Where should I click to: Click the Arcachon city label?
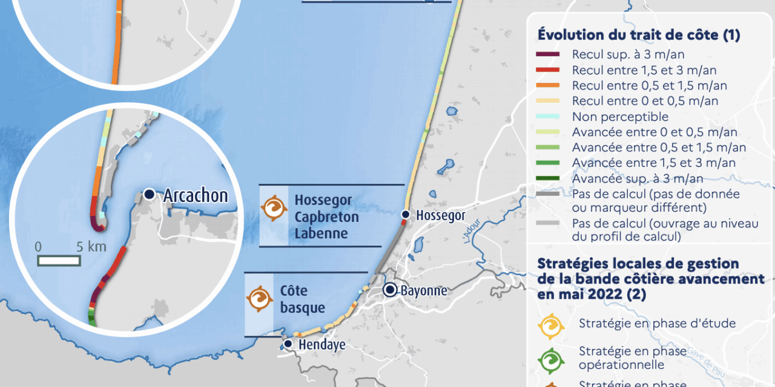196,195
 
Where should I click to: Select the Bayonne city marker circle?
391,290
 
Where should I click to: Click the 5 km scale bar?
59,261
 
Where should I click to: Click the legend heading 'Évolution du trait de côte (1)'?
639,35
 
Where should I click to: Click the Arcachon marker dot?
149,195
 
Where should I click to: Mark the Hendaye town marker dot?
288,344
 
